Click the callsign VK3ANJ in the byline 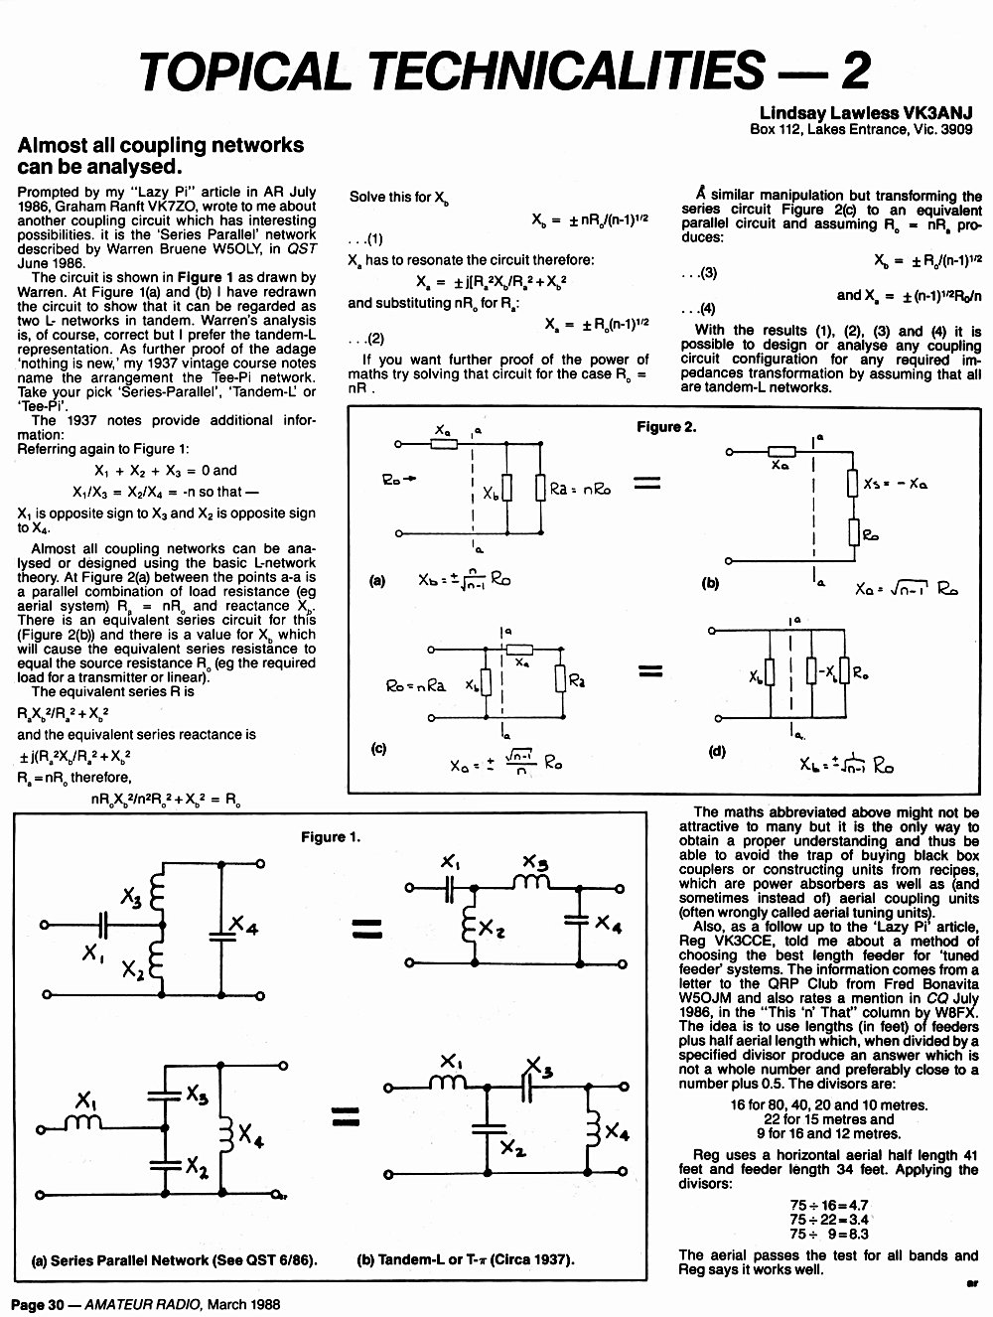(x=937, y=113)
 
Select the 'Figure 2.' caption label (x=666, y=427)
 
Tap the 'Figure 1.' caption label (x=331, y=837)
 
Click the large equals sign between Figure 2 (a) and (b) (x=647, y=483)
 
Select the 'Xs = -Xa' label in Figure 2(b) (x=896, y=483)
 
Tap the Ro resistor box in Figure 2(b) (x=854, y=532)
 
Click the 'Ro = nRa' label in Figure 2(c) (x=415, y=685)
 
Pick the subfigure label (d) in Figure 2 (x=717, y=752)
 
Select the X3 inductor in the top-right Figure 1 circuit (x=532, y=881)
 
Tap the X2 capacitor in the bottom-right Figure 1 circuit (x=489, y=1130)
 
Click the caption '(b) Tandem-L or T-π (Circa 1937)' (x=466, y=1259)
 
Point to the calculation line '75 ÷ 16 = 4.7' (x=829, y=1205)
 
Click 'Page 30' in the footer (x=37, y=1304)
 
